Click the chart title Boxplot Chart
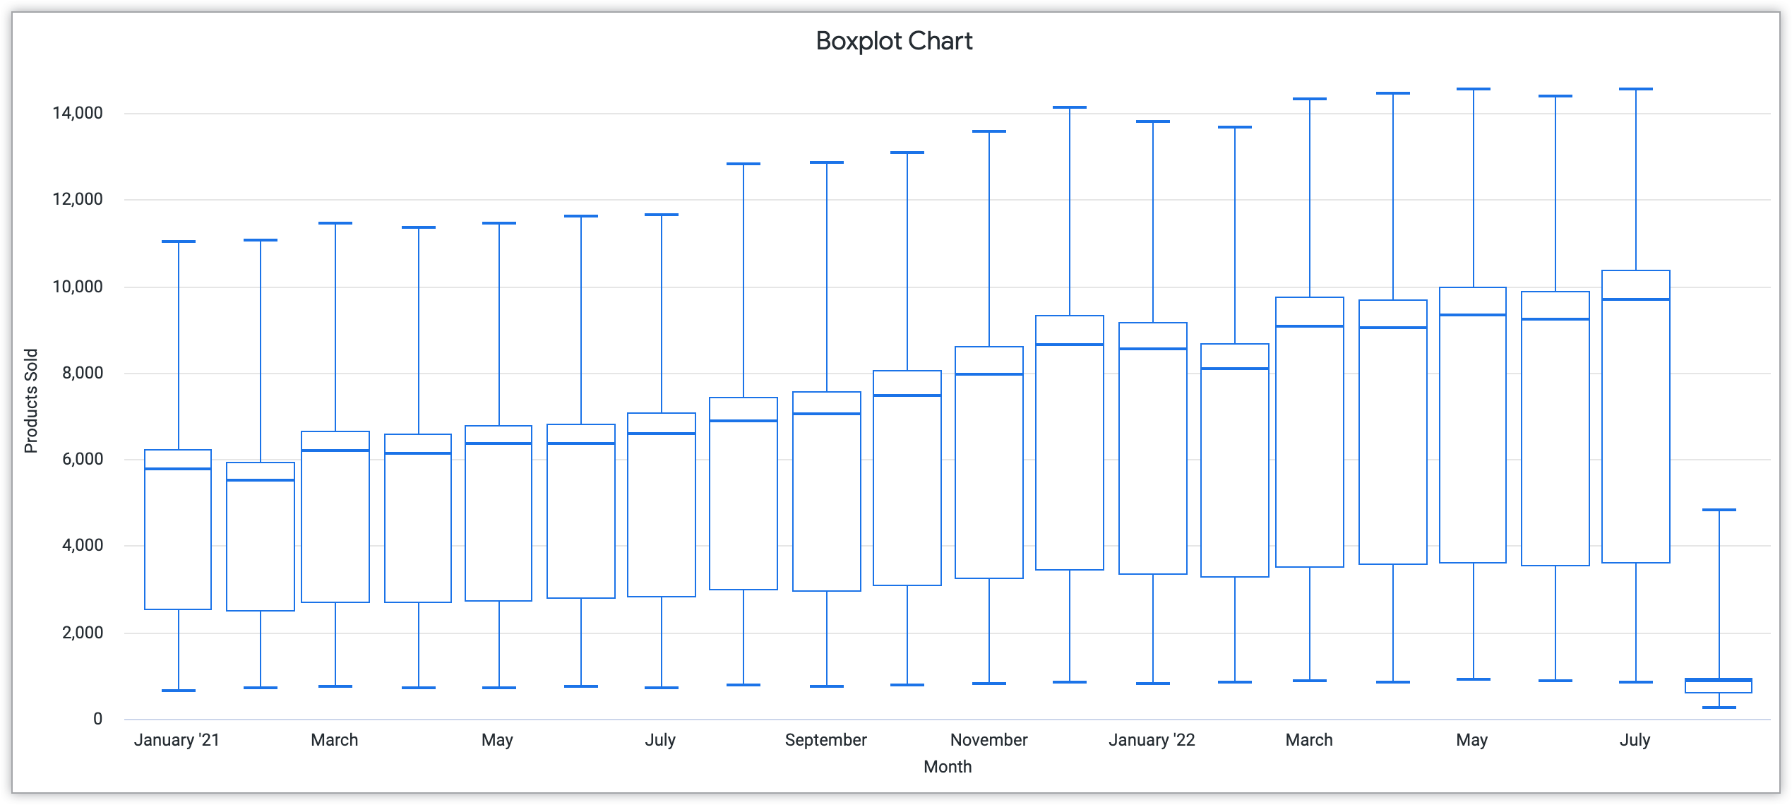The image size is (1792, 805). [x=894, y=41]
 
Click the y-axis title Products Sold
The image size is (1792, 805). [x=31, y=400]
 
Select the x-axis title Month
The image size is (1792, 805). [x=948, y=767]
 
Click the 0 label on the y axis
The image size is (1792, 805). [x=97, y=719]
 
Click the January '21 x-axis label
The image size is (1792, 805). [x=177, y=740]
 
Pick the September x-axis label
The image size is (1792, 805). [x=825, y=740]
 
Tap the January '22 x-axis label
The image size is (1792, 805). [x=1152, y=740]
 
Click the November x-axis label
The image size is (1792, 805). [x=988, y=740]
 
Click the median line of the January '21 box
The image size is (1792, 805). [x=178, y=469]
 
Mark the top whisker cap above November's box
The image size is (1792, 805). [x=988, y=131]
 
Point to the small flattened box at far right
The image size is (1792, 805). [x=1719, y=686]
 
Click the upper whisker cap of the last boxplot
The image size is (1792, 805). [x=1719, y=510]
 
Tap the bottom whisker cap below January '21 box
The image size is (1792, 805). [x=178, y=691]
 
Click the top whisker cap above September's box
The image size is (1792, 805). [x=826, y=162]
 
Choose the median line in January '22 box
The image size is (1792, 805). [x=1153, y=349]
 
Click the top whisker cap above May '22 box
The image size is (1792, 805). [x=1473, y=89]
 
